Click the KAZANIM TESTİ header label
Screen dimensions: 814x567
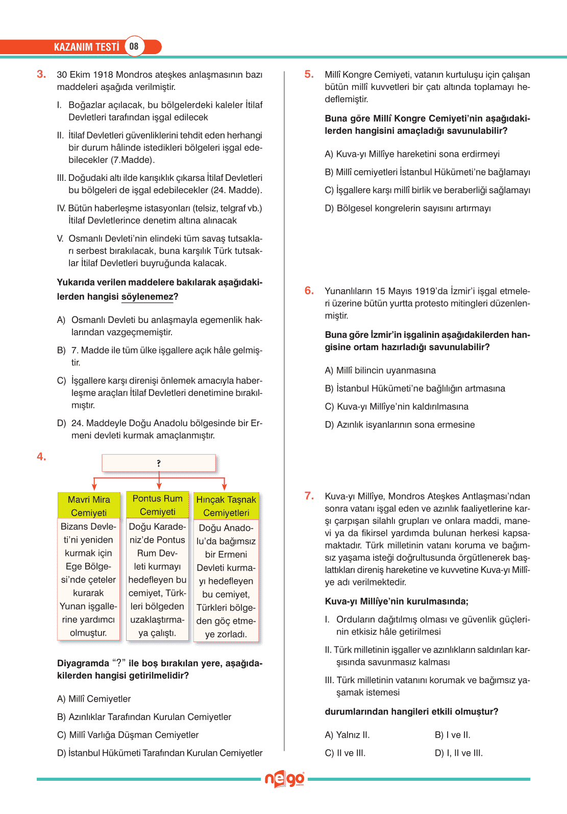[x=86, y=47]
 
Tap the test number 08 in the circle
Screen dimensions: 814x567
[x=134, y=46]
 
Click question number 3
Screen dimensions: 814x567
[x=41, y=74]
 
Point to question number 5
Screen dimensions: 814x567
[x=309, y=74]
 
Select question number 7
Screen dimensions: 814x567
[x=309, y=496]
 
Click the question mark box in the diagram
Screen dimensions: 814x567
[x=159, y=463]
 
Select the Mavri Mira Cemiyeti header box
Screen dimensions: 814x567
[x=89, y=506]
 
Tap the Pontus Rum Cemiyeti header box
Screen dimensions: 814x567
[x=158, y=505]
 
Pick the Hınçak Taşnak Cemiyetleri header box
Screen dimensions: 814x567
[x=226, y=506]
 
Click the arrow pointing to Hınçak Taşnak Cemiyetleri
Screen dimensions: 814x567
[x=224, y=483]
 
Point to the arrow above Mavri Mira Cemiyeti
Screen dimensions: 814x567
[x=94, y=483]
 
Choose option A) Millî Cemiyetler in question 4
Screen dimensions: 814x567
[x=94, y=699]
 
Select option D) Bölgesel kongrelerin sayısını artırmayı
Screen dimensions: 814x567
[x=408, y=208]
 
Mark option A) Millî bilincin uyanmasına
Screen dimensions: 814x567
[x=380, y=370]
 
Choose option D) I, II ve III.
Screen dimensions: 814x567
[x=458, y=753]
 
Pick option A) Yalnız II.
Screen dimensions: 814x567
[x=347, y=735]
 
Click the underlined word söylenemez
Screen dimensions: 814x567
[x=147, y=297]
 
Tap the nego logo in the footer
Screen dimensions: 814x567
[x=284, y=779]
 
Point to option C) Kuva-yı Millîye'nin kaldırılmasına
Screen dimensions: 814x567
[x=397, y=407]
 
